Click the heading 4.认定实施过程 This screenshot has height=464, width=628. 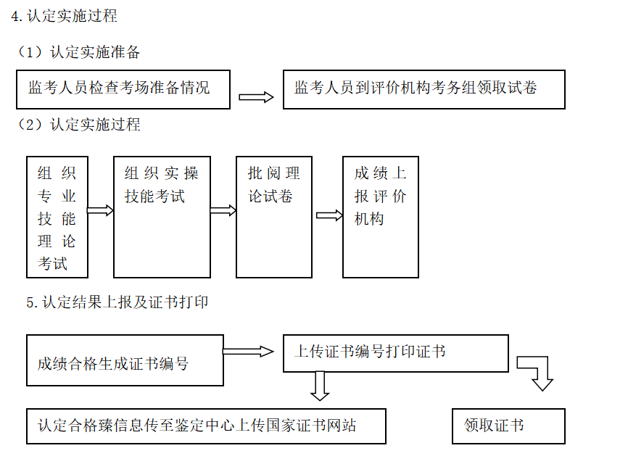tap(65, 16)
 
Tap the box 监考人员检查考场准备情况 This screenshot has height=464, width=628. tap(123, 88)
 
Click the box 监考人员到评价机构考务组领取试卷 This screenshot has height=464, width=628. tap(424, 88)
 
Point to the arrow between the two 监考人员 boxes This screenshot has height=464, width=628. tap(256, 97)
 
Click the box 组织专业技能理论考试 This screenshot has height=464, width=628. tap(57, 217)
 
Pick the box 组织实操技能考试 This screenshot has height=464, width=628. tap(162, 217)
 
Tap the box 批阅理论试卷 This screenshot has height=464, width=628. tap(274, 217)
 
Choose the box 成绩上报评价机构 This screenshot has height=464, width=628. tap(381, 217)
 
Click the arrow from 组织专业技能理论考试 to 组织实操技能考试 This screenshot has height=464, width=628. tap(101, 210)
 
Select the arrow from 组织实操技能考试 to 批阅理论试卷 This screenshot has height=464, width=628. tap(223, 210)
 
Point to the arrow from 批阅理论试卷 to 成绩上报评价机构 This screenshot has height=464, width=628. tap(329, 215)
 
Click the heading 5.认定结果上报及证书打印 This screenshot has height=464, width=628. tap(117, 302)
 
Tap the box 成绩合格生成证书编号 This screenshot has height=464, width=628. tap(125, 360)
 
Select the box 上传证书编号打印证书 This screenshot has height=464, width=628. tap(395, 352)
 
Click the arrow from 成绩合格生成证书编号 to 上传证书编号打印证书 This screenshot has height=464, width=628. tap(248, 352)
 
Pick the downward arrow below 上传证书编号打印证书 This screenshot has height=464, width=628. tap(319, 386)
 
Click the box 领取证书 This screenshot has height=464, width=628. tap(508, 426)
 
